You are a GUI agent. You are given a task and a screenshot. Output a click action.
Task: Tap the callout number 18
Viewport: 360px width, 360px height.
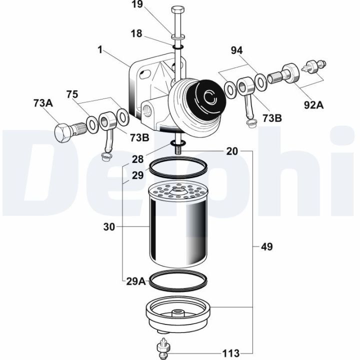pos(136,33)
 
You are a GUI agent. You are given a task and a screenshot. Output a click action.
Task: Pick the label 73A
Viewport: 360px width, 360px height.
pos(43,103)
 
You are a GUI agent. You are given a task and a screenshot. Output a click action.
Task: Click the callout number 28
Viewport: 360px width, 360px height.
pos(137,159)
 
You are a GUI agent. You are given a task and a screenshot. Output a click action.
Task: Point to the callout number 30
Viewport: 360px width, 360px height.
pos(109,227)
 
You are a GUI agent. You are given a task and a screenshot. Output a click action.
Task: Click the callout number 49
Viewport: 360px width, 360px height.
pos(266,247)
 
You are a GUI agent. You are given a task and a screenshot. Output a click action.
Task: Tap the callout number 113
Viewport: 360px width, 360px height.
pos(231,353)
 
